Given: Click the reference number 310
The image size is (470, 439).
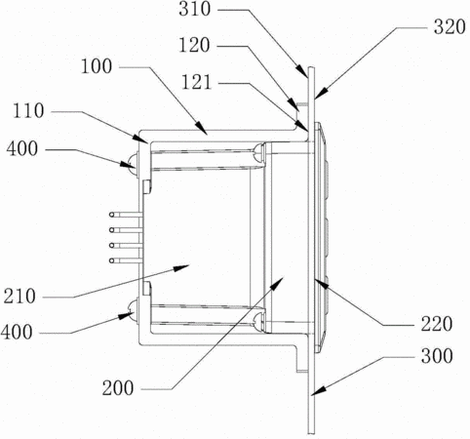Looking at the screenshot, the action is click(195, 9).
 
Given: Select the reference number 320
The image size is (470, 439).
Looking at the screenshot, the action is click(450, 27).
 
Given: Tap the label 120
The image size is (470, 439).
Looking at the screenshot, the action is click(194, 45).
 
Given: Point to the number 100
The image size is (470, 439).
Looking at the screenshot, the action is click(97, 66).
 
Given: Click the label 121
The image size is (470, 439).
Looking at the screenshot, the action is click(196, 82).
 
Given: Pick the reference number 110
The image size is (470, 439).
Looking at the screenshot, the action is click(28, 111).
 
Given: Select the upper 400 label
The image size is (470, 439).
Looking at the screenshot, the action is click(22, 149).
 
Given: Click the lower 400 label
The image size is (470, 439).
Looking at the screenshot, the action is click(17, 333).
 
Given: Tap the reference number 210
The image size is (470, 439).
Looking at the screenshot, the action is click(20, 297).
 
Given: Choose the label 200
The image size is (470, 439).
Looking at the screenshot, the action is click(118, 388).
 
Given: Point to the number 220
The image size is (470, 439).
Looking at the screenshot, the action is click(437, 324).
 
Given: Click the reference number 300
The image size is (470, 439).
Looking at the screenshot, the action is click(437, 356).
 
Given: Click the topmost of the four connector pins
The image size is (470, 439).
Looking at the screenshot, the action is click(126, 215).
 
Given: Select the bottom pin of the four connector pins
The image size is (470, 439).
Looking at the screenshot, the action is click(126, 260).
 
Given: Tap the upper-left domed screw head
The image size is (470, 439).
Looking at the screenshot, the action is click(133, 162).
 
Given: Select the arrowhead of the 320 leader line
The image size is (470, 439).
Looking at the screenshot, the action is click(320, 94).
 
